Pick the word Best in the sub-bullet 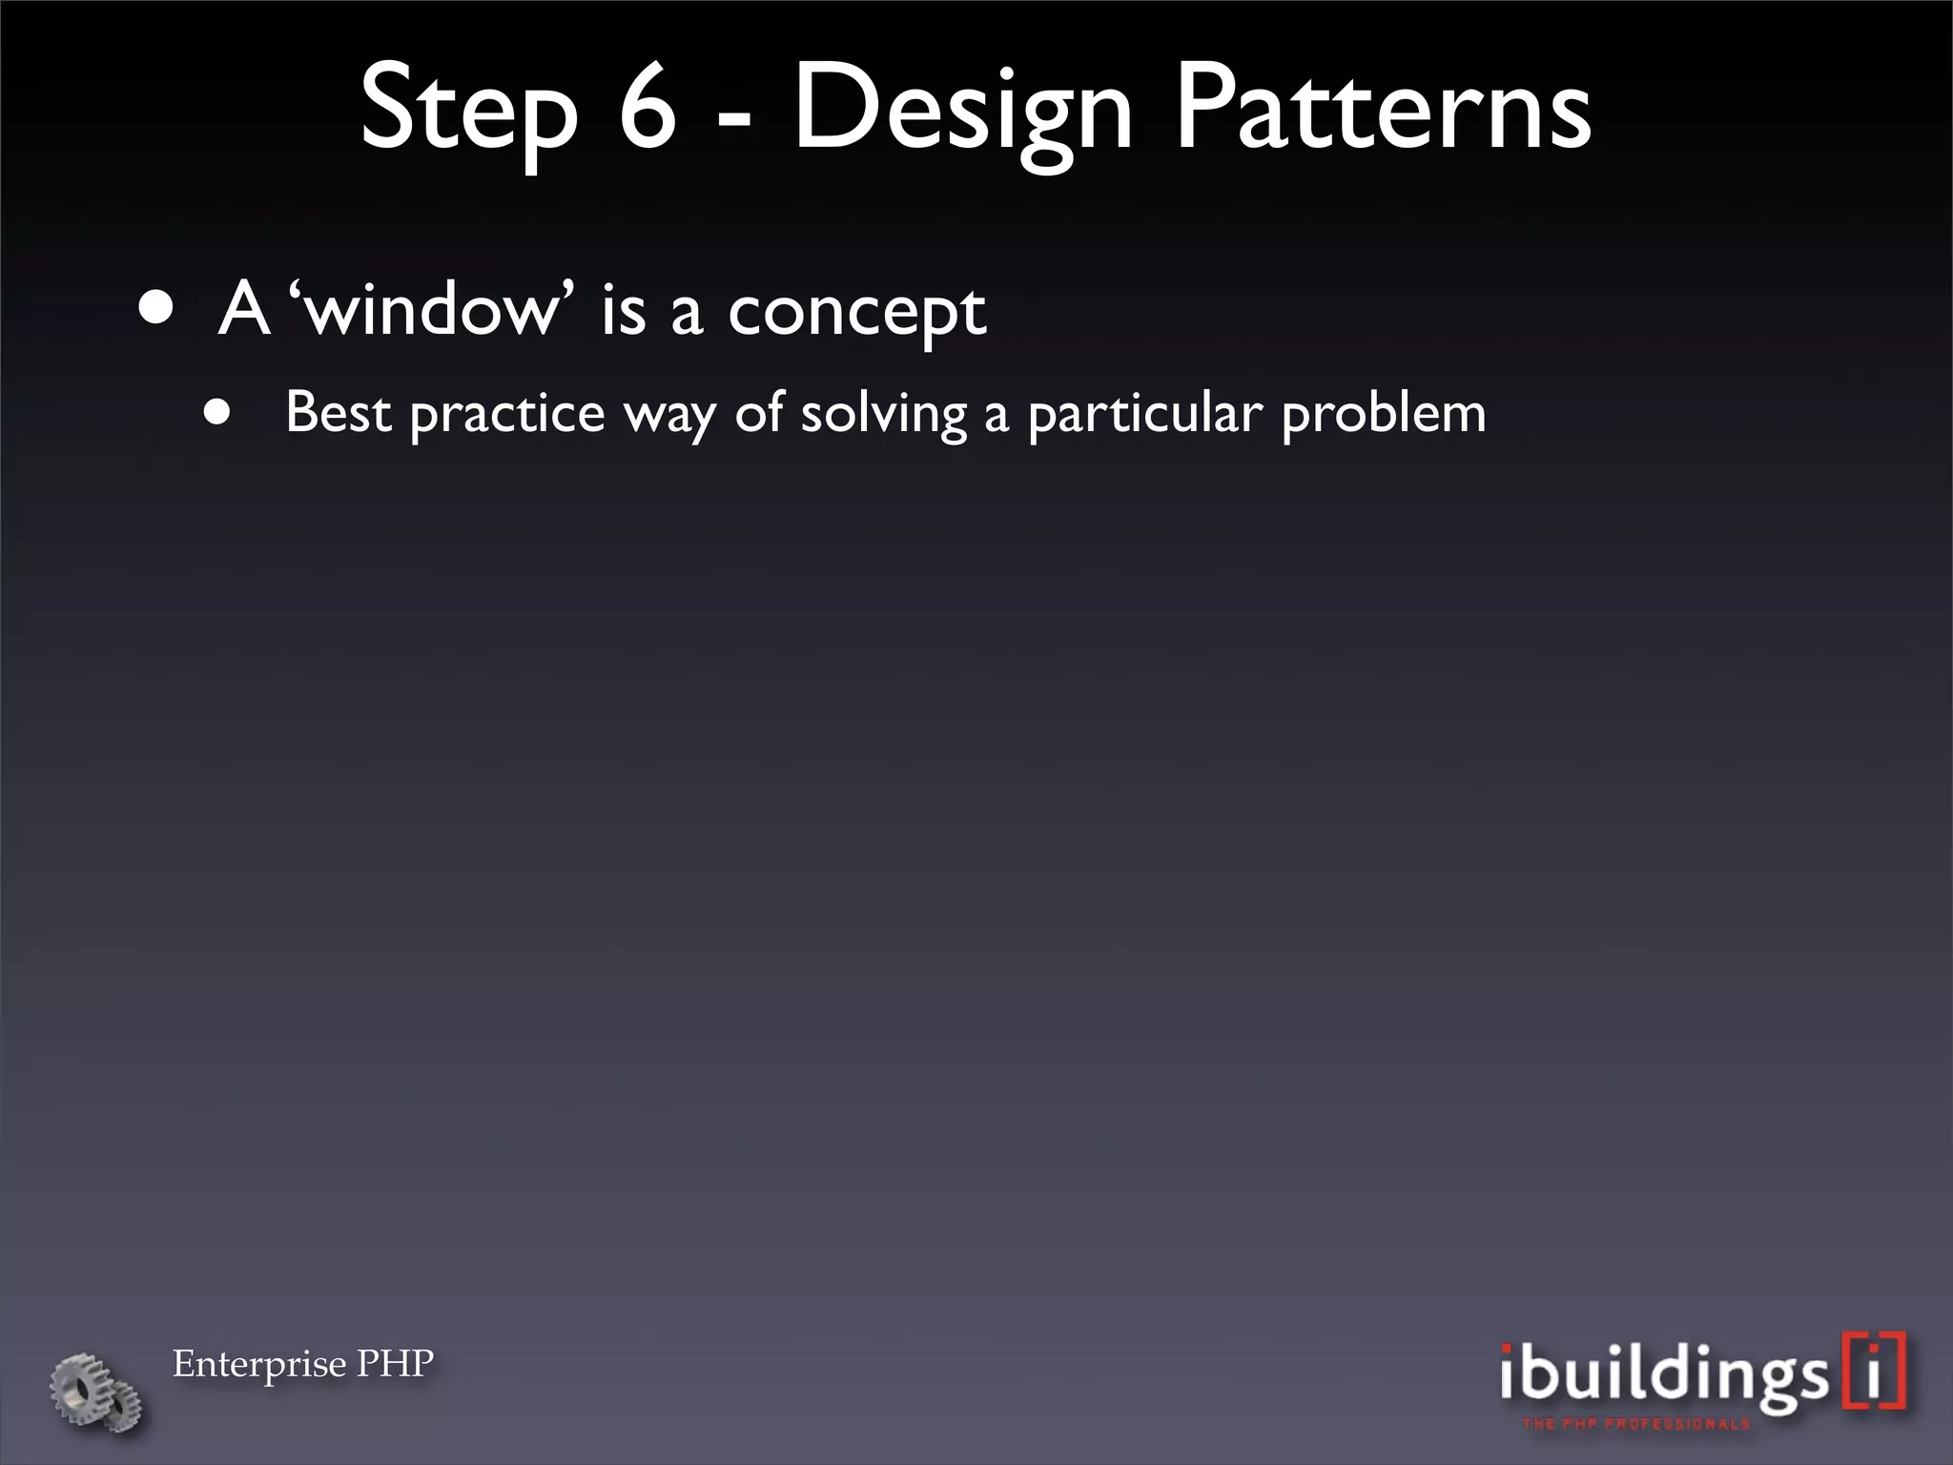tap(339, 413)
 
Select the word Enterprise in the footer tap(258, 1364)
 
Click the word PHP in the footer tap(395, 1363)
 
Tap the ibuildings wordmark tap(1664, 1373)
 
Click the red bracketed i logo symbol tap(1875, 1371)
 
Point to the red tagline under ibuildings tap(1636, 1424)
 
